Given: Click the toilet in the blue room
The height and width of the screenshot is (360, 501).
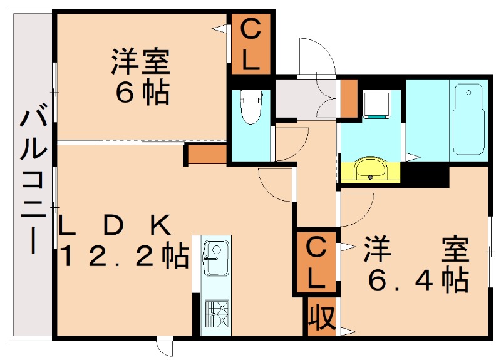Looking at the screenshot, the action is [251, 106].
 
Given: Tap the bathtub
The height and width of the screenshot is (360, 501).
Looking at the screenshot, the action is [468, 119].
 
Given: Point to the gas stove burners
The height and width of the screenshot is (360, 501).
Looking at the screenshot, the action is [217, 314].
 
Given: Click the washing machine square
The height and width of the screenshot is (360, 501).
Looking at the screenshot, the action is [377, 105].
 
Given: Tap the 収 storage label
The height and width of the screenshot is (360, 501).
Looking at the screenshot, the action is [321, 316].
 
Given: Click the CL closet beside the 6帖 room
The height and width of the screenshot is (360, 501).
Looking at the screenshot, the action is [250, 44].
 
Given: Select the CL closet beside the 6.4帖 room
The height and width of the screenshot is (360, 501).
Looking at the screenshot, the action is [316, 262].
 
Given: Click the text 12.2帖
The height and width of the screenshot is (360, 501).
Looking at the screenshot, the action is [124, 256].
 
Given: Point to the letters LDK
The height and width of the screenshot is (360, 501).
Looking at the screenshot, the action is [115, 225].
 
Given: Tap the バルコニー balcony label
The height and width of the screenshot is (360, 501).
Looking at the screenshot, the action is [33, 182].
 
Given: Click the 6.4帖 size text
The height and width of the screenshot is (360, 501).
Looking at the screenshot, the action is [418, 280].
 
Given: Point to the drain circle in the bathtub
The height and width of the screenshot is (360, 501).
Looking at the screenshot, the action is [468, 93].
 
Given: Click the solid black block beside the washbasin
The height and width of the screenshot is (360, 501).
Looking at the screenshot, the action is [425, 175].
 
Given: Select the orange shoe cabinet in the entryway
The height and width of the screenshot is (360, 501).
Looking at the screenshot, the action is [349, 98].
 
